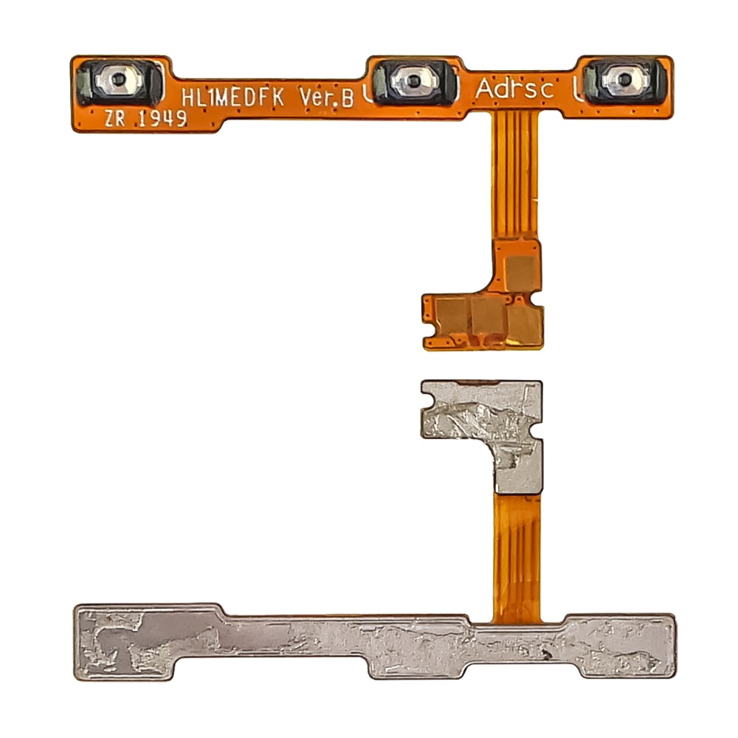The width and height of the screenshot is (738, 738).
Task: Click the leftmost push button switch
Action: point(119,81)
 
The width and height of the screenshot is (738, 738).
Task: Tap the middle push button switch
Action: point(414,81)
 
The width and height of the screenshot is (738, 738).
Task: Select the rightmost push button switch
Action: point(625,80)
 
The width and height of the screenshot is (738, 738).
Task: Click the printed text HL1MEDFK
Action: point(232,97)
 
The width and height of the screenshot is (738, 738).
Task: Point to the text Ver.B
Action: point(327,98)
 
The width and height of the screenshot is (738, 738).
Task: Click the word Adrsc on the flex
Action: point(514,89)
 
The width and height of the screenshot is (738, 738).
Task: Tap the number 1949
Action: point(162,119)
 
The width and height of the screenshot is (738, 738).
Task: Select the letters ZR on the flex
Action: point(115,119)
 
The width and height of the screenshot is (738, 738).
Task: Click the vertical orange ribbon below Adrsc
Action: point(515,176)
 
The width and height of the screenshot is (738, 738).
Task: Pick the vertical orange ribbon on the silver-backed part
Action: point(517,556)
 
